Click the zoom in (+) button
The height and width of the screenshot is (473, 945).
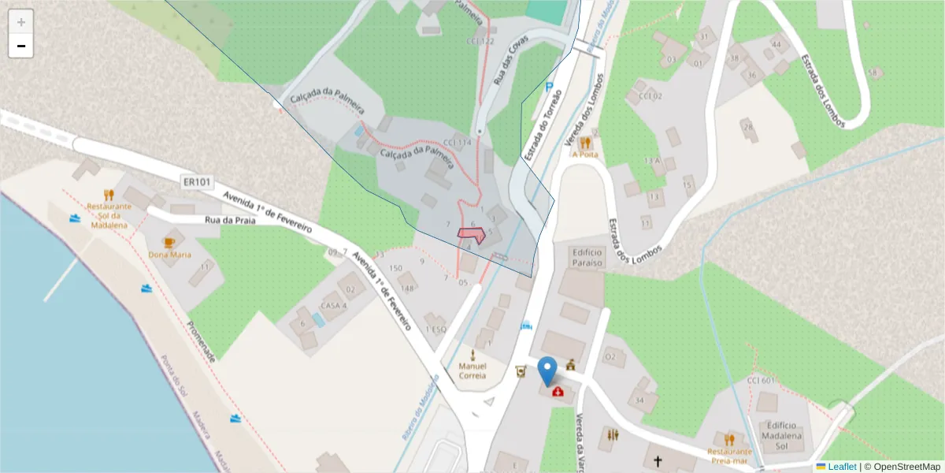coord(21,22)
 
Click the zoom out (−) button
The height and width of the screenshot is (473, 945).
coord(21,47)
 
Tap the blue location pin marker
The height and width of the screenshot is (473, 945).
coord(547,371)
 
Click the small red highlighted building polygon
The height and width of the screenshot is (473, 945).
coord(472,234)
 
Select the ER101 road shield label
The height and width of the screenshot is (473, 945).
coord(196,182)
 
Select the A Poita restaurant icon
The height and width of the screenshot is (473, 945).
coord(585,143)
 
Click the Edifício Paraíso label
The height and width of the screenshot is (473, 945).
coord(587,257)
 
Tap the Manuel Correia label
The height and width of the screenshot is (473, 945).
coord(472,371)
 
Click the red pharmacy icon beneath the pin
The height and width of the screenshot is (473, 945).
coord(558,391)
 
